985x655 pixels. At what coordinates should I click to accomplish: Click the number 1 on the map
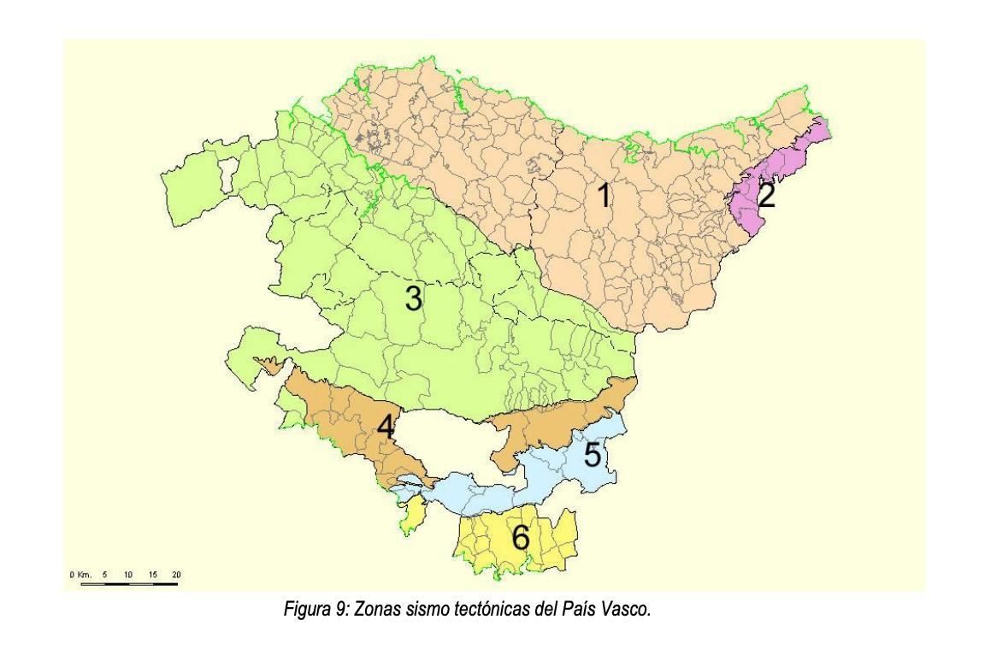(x=604, y=196)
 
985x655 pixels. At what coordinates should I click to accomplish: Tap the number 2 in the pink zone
(x=766, y=196)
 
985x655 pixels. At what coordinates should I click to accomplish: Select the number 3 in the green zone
(x=413, y=298)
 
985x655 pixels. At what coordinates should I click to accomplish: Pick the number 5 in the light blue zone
(x=592, y=452)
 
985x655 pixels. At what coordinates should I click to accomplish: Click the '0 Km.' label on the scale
(x=82, y=574)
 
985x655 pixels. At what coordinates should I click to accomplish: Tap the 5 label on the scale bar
(x=106, y=574)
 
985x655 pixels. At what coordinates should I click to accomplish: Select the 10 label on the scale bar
(x=128, y=574)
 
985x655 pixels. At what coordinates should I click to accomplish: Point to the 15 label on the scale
(x=152, y=574)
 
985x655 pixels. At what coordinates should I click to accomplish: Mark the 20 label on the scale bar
(x=175, y=574)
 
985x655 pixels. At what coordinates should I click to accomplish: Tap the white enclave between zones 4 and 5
(x=445, y=445)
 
